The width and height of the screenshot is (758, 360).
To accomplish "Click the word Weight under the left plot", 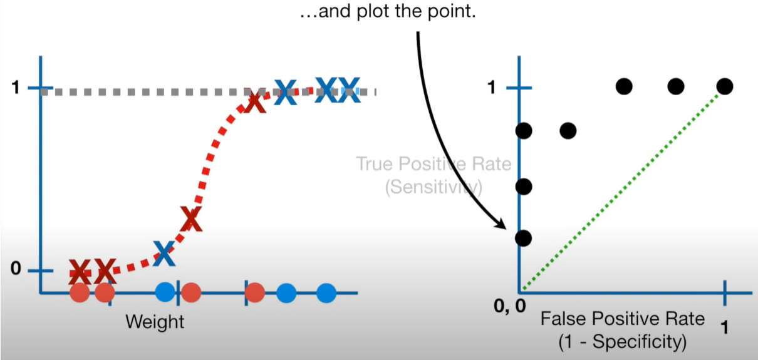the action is (x=155, y=322).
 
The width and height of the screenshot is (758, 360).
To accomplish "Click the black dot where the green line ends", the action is (x=724, y=86).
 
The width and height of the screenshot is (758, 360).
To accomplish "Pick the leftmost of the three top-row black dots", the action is (x=623, y=86).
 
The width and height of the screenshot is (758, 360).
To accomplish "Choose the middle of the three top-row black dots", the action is (x=675, y=86).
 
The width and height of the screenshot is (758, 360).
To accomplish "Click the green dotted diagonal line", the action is (x=620, y=190).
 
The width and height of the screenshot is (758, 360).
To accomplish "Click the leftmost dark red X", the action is (x=80, y=272).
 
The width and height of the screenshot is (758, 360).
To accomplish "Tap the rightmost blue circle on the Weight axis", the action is (x=326, y=292).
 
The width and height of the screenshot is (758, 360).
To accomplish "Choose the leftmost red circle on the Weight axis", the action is (x=80, y=292).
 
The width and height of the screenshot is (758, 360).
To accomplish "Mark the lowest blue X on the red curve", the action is (x=164, y=252).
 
